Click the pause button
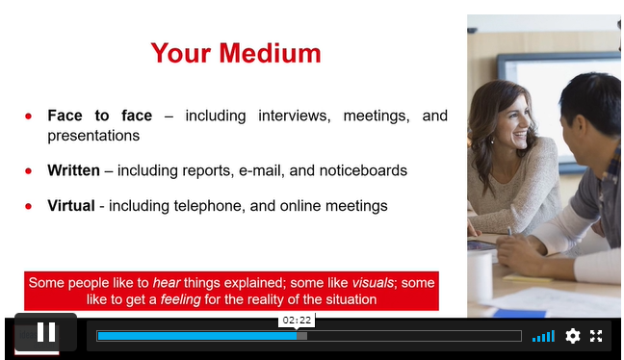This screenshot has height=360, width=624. click(46, 332)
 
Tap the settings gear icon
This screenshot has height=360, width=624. click(573, 336)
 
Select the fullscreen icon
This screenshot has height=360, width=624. click(596, 336)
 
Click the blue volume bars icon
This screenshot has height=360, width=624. click(543, 337)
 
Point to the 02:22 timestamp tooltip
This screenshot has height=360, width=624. click(297, 321)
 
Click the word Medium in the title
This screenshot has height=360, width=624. click(270, 53)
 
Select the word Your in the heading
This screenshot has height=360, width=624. click(181, 53)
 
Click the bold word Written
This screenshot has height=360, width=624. click(73, 170)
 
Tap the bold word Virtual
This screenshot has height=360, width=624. click(71, 206)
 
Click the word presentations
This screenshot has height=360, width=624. click(93, 136)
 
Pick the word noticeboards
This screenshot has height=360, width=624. click(363, 170)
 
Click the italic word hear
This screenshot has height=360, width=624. click(167, 282)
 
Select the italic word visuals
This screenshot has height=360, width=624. click(373, 282)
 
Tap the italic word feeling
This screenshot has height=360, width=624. click(181, 299)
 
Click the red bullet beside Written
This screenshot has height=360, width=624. click(28, 171)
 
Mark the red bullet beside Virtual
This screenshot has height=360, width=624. click(28, 206)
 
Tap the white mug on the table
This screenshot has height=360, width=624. click(480, 274)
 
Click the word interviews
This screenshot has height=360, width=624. click(295, 116)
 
